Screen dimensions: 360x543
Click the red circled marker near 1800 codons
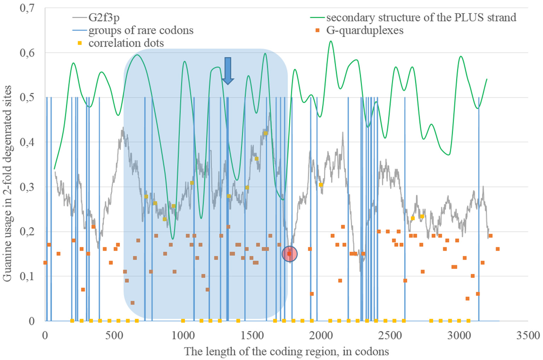[x=289, y=254]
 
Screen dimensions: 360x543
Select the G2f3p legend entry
[x=104, y=17]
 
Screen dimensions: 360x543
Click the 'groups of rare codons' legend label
[x=140, y=30]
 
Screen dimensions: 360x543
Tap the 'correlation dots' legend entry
[x=126, y=43]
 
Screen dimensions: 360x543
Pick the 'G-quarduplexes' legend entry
[x=364, y=30]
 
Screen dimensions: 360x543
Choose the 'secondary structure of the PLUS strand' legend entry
[x=421, y=17]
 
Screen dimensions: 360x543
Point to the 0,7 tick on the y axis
[x=27, y=8]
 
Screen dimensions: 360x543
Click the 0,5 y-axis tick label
[x=27, y=97]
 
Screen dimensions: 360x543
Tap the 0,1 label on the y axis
[x=27, y=276]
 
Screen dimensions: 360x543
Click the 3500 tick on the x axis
[x=527, y=335]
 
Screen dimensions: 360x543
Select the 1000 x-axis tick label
[x=183, y=335]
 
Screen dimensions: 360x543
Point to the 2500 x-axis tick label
[x=389, y=335]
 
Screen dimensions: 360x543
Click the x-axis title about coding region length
[x=286, y=352]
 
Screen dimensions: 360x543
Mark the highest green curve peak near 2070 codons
[x=331, y=41]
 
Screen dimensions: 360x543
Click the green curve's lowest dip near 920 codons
[x=172, y=239]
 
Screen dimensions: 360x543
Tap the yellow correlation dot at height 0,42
[x=266, y=133]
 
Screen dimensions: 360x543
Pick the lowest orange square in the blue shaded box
[x=132, y=303]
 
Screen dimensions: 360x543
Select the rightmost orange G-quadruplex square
[x=497, y=249]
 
